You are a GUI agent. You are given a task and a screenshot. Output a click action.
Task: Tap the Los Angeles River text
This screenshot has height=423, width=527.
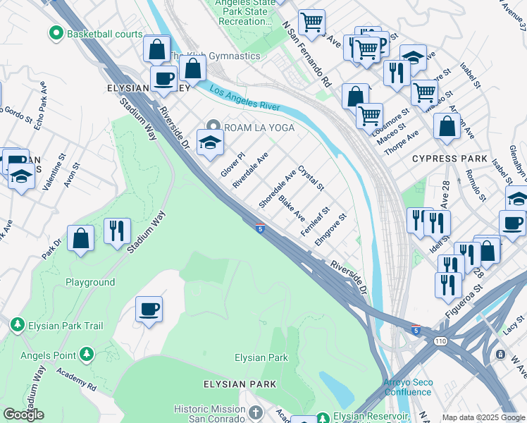[244, 100]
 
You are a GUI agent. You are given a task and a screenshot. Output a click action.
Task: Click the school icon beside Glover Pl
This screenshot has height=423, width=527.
[210, 144]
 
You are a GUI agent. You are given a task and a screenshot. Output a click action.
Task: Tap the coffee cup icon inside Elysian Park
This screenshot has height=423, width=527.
[149, 309]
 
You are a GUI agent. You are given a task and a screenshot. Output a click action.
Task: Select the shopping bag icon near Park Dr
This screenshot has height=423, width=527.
[82, 239]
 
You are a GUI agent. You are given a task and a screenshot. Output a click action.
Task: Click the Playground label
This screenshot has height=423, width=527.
[90, 282]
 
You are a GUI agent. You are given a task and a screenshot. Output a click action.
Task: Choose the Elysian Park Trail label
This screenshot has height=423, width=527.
[66, 325]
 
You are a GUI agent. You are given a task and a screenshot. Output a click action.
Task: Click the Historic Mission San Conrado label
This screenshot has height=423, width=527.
[209, 415]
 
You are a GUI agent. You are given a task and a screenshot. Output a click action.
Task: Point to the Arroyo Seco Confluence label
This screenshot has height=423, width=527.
[407, 387]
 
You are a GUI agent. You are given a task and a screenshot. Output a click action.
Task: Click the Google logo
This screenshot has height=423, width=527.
[23, 415]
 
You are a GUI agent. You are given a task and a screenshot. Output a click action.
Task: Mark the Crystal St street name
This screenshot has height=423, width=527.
[310, 178]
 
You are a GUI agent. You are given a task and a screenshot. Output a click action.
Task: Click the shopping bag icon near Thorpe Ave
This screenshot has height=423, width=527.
[447, 128]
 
